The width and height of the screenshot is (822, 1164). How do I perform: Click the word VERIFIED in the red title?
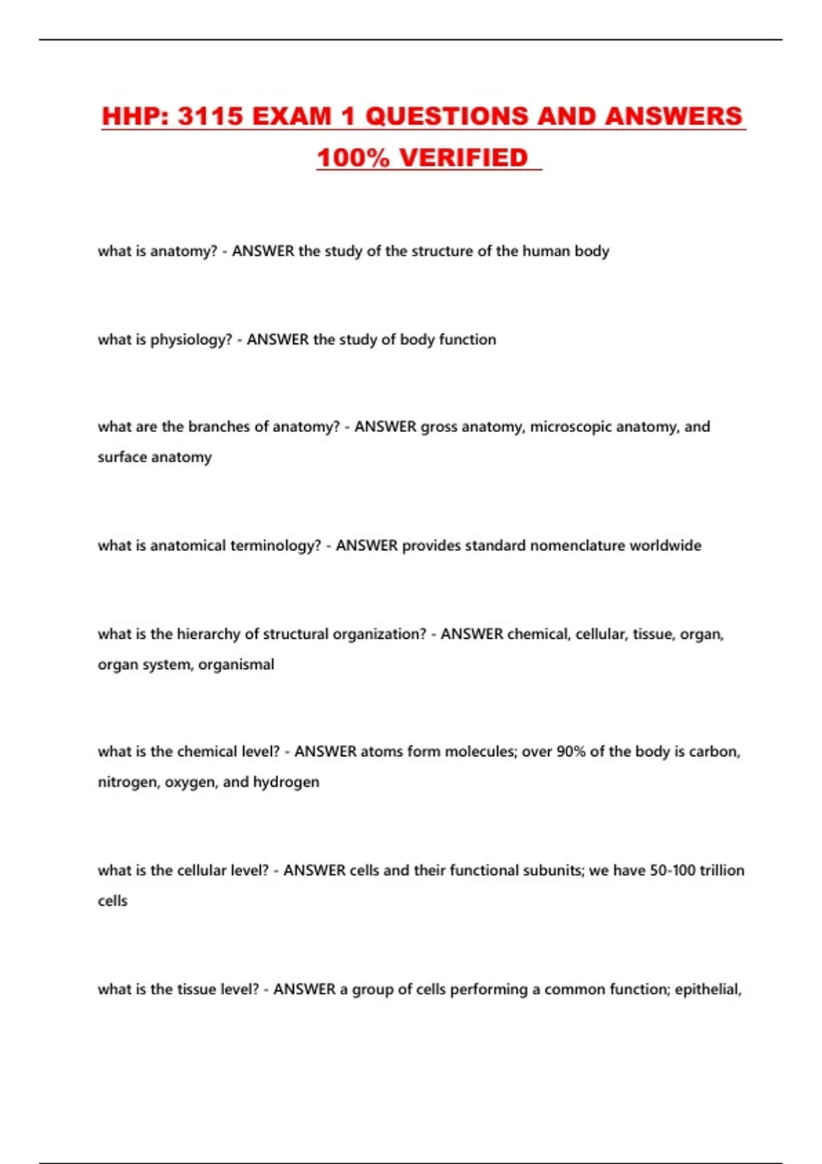point(463,158)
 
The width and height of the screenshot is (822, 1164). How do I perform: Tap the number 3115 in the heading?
point(210,116)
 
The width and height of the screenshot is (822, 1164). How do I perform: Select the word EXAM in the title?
point(291,116)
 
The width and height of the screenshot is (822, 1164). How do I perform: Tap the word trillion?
point(722,870)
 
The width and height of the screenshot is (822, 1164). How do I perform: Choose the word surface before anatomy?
point(122,457)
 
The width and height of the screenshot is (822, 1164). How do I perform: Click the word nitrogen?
point(128,782)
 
